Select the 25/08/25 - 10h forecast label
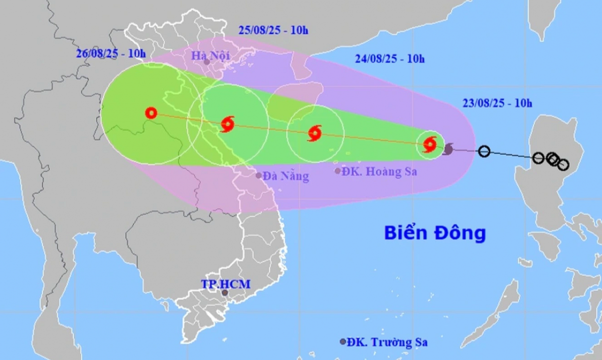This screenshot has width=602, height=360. (x=273, y=30)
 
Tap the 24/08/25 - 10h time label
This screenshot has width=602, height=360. (x=389, y=59)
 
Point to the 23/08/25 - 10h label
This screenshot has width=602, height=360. (x=497, y=104)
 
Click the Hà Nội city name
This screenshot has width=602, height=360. (x=210, y=55)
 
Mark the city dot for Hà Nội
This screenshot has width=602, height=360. (x=206, y=63)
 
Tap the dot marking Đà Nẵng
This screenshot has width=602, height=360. (x=259, y=175)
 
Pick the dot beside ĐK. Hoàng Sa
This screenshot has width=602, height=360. (x=338, y=171)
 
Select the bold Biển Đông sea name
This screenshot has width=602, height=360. (x=435, y=233)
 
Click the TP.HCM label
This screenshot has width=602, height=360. (x=226, y=284)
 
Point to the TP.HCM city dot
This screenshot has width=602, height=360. (x=225, y=293)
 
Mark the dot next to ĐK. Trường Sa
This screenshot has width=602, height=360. (x=343, y=342)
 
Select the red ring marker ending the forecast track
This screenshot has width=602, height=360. (x=151, y=113)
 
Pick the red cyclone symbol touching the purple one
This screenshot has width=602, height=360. (x=430, y=145)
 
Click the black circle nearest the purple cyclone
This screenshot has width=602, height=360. (x=484, y=151)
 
